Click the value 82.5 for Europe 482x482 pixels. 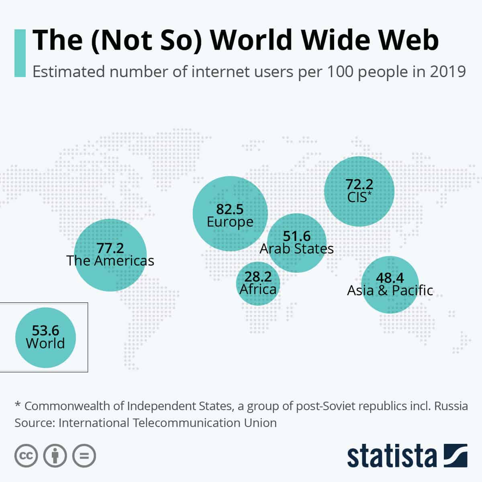tap(230, 209)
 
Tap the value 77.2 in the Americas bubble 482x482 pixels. tap(110, 247)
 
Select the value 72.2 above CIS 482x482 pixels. tap(359, 184)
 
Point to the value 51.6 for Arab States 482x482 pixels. tap(297, 236)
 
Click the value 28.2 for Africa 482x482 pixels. tap(258, 276)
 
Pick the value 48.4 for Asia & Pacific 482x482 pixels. tap(390, 278)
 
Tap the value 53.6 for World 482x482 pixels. tap(45, 330)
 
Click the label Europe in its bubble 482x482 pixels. tap(230, 222)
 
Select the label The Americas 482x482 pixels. tap(110, 261)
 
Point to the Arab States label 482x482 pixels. tap(296, 249)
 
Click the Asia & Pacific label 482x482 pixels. tap(390, 290)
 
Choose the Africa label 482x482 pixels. tap(258, 289)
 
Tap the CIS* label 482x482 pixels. tap(359, 197)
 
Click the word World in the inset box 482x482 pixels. tap(45, 343)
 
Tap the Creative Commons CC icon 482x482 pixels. tap(27, 455)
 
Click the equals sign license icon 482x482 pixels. tap(84, 455)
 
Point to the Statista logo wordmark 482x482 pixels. tap(392, 456)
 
